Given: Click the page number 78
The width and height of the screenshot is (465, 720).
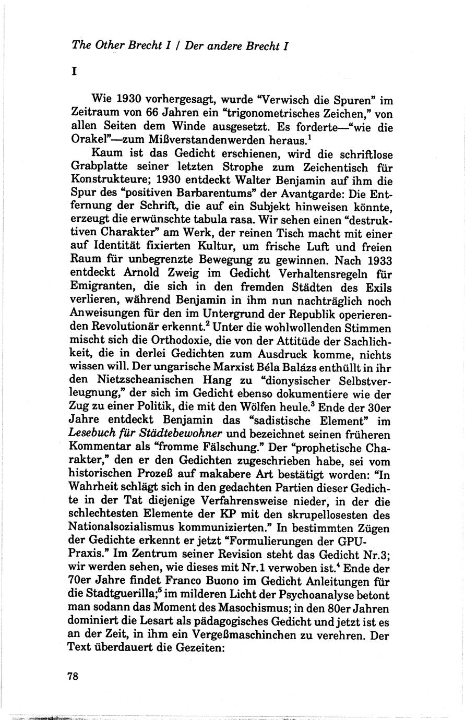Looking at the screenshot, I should pos(73,676).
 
